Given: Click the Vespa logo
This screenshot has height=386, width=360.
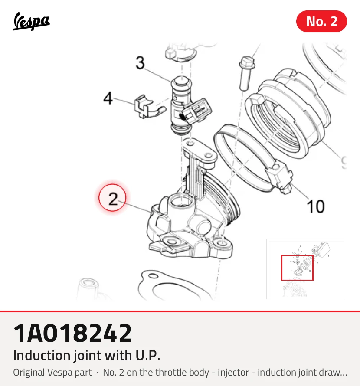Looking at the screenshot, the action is [31, 21].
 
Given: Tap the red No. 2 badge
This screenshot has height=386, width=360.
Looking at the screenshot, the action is [321, 21].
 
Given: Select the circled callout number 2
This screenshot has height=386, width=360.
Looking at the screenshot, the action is [112, 198].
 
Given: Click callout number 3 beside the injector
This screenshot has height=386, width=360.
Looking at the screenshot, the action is [140, 63].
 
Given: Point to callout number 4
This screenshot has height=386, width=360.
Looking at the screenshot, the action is [108, 98].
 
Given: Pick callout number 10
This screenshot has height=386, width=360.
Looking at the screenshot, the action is [315, 206].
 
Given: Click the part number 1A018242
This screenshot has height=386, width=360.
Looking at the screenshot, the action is [72, 334].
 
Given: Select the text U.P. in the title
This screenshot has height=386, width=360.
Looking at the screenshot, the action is [148, 356].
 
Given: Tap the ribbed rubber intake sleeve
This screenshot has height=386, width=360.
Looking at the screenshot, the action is [288, 113].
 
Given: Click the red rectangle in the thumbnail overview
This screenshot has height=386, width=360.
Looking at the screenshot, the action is [297, 268].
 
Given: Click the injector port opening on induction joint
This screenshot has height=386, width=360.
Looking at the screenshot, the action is [180, 200].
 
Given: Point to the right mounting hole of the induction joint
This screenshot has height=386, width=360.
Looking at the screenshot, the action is [221, 243].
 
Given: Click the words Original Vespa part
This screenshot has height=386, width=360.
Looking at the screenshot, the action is [52, 373].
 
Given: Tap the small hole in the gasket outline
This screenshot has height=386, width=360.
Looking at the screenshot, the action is [154, 276].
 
